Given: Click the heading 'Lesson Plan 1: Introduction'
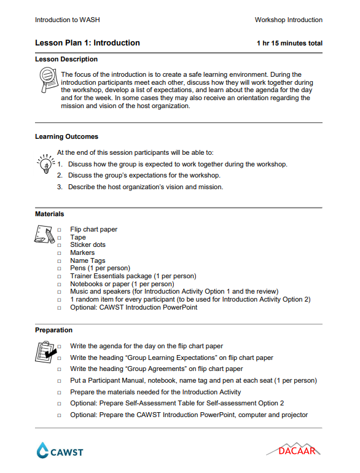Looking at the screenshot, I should (x=87, y=43).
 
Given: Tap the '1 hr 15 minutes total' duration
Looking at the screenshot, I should (x=289, y=44).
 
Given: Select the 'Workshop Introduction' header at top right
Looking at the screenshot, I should (x=288, y=20).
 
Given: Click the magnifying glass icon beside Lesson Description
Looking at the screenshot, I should (x=47, y=80).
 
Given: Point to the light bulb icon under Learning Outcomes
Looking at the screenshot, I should (x=45, y=163).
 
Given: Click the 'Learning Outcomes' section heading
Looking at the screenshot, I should (x=66, y=136).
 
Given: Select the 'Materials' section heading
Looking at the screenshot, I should (x=49, y=214).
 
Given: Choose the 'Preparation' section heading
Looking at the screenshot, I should (x=53, y=330).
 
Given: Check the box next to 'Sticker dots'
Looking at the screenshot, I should (x=60, y=245).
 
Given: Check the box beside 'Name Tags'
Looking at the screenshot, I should (x=60, y=261).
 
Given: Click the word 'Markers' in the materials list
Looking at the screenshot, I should (x=82, y=252).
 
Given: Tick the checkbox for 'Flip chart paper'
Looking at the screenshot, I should (x=60, y=230).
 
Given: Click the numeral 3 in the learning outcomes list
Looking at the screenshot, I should (x=60, y=187).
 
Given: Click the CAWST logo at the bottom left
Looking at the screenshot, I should (x=60, y=451).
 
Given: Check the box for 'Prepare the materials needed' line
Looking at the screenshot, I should (x=60, y=393).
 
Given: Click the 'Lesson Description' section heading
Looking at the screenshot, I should (x=66, y=59).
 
